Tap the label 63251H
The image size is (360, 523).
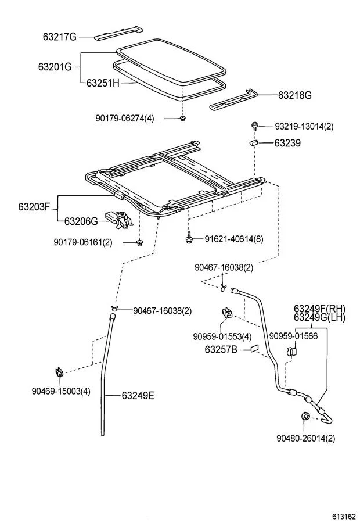click(x=103, y=83)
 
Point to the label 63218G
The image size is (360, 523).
click(x=295, y=95)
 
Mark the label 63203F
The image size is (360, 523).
click(x=34, y=206)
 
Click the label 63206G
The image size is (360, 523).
click(x=81, y=221)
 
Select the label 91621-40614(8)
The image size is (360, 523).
click(x=233, y=238)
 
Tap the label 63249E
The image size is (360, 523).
click(x=138, y=396)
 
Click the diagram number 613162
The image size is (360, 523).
click(x=344, y=515)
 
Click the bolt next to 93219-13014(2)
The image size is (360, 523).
click(x=255, y=126)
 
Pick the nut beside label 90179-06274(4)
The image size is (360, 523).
click(x=182, y=118)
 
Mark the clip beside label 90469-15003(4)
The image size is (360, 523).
click(x=59, y=371)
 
